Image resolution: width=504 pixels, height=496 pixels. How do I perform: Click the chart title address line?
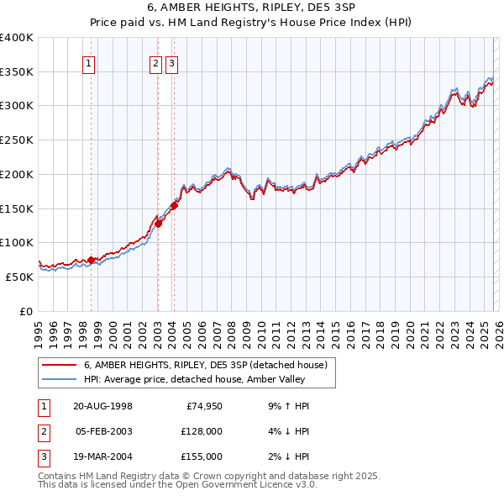(x=251, y=8)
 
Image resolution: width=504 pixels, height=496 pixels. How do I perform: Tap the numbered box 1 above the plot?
(x=88, y=61)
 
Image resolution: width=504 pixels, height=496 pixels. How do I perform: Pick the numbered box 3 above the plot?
(x=171, y=61)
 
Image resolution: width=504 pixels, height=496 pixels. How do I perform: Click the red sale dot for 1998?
(x=92, y=260)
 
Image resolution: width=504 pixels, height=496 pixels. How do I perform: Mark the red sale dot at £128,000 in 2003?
(x=158, y=223)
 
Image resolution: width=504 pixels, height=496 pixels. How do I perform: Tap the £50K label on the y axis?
(x=19, y=277)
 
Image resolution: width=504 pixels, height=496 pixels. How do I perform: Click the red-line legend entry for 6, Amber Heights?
(x=210, y=365)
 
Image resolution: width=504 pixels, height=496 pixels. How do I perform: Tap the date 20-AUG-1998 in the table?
(x=102, y=406)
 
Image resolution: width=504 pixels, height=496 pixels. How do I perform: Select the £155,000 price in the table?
(x=201, y=456)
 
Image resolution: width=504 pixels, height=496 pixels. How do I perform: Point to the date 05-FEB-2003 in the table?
(x=102, y=431)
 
